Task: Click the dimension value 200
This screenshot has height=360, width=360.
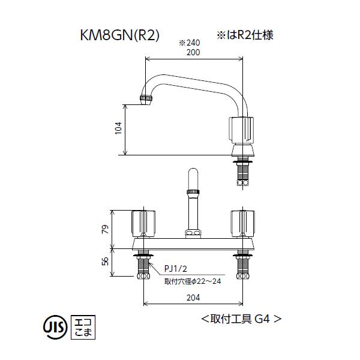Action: [x=193, y=52]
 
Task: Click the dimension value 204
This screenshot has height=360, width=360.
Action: [x=193, y=295]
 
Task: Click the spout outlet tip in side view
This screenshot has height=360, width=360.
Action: [x=144, y=99]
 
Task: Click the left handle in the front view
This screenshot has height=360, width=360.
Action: [x=143, y=223]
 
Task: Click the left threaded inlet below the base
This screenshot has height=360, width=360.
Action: [x=143, y=266]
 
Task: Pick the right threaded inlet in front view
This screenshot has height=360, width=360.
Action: [x=242, y=266]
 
